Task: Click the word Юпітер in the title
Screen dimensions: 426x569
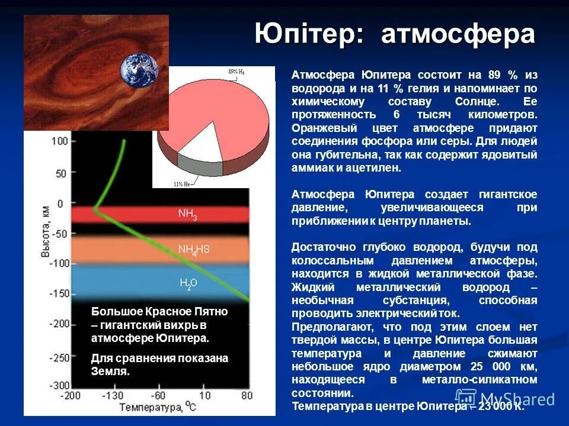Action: pyautogui.click(x=308, y=34)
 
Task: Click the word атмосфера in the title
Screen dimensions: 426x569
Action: pyautogui.click(x=458, y=34)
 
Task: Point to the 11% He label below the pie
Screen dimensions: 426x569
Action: pyautogui.click(x=182, y=184)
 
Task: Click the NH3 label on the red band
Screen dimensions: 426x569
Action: pyautogui.click(x=187, y=214)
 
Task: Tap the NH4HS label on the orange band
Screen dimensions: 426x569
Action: pyautogui.click(x=194, y=250)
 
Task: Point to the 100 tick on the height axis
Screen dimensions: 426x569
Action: pyautogui.click(x=59, y=141)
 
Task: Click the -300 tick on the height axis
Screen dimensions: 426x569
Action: pyautogui.click(x=57, y=385)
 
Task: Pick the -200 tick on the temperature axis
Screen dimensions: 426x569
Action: pyautogui.click(x=72, y=395)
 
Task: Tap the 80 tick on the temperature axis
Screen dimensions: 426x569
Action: pyautogui.click(x=247, y=395)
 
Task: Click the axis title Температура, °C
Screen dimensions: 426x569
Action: pyautogui.click(x=158, y=407)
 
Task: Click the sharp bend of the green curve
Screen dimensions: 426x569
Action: pyautogui.click(x=95, y=208)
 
